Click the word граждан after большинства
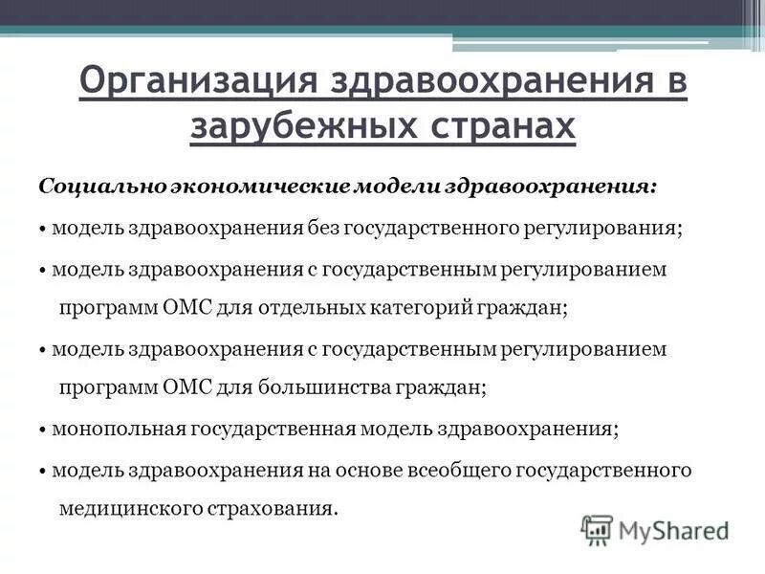tap(448, 387)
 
